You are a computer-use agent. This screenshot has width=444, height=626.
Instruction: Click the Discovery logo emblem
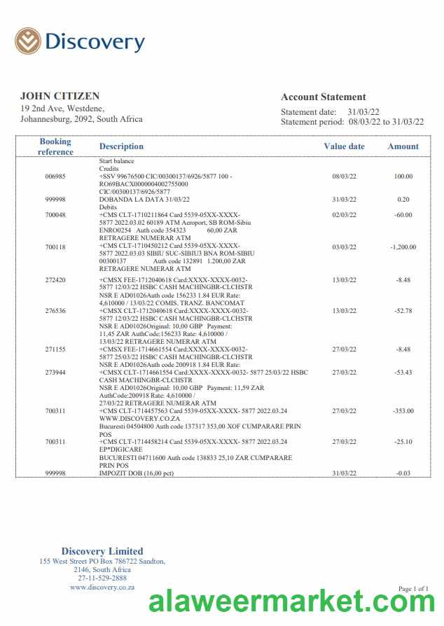[x=28, y=41]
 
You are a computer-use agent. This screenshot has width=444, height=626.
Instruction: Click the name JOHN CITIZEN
[x=60, y=96]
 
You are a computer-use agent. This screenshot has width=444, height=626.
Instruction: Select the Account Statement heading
[x=323, y=97]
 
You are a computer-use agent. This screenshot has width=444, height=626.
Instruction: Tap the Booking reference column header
[x=55, y=146]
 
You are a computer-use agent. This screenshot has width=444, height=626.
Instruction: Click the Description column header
[x=121, y=146]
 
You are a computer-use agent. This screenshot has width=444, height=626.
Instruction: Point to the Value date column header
[x=344, y=146]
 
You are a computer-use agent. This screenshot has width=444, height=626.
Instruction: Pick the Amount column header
[x=403, y=146]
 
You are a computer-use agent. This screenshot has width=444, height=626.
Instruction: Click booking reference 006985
[x=55, y=176]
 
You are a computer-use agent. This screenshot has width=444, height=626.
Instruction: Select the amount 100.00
[x=403, y=176]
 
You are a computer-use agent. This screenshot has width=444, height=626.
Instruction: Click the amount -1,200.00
[x=403, y=247]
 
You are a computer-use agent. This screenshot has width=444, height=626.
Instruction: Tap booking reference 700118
[x=55, y=247]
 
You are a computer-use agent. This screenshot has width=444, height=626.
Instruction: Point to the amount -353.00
[x=403, y=411]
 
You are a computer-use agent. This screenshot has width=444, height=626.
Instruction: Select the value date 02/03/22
[x=344, y=215]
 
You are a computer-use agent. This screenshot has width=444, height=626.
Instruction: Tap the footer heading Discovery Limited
[x=102, y=551]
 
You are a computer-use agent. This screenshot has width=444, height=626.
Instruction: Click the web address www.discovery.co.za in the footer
[x=102, y=587]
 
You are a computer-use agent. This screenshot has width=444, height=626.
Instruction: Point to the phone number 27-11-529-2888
[x=102, y=578]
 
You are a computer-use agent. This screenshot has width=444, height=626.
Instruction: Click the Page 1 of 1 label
[x=413, y=589]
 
